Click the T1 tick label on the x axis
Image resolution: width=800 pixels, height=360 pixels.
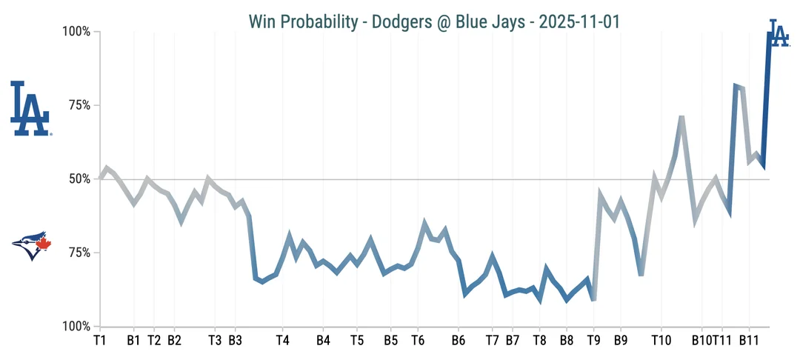tap(100, 341)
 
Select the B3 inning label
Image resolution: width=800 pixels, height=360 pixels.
tap(235, 341)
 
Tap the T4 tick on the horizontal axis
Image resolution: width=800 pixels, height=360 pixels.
tap(282, 341)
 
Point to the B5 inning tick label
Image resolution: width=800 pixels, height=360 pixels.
tap(390, 341)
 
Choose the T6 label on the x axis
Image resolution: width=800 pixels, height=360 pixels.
tap(417, 341)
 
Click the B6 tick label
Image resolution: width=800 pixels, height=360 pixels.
tap(458, 341)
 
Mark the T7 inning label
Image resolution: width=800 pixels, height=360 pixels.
tap(492, 341)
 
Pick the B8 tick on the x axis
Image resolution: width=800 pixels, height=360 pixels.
tap(566, 341)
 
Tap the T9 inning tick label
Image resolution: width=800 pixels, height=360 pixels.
tap(593, 341)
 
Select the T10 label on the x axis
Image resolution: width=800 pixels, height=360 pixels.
tap(661, 341)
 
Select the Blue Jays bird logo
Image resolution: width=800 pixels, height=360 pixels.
tap(31, 245)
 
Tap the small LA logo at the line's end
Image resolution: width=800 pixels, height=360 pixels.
tap(778, 33)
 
